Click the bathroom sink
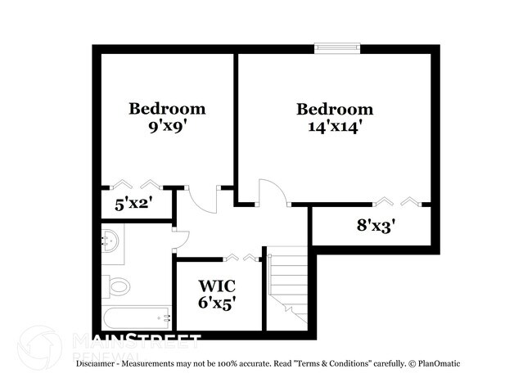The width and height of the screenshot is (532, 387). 111,241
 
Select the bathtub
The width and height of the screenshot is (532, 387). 135,317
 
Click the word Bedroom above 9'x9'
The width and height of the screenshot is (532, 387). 167,109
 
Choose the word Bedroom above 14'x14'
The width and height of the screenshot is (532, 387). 334,110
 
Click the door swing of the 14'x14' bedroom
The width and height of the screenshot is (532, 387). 272,193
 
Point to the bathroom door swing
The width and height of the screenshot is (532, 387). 182,238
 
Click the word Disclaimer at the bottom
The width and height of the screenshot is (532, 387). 97,362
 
